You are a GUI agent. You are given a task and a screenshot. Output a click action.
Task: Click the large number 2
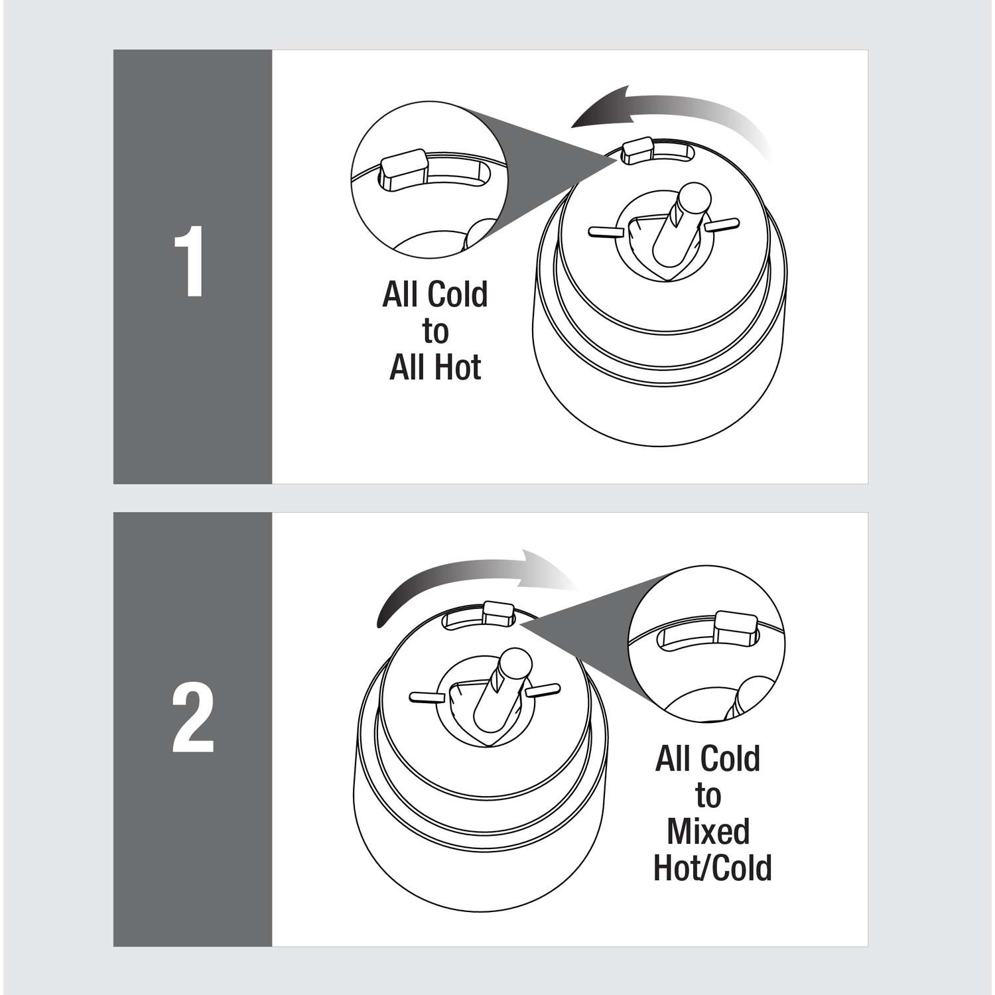click(193, 720)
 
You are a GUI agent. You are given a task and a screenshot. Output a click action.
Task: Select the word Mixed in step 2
click(708, 831)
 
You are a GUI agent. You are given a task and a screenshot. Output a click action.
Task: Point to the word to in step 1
click(435, 331)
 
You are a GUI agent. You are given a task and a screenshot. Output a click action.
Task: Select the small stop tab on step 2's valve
click(498, 612)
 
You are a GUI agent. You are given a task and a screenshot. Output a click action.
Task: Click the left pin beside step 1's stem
click(606, 231)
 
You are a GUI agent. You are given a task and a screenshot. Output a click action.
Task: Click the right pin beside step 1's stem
click(723, 224)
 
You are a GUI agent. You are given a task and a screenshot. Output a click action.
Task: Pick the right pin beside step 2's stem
click(542, 690)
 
